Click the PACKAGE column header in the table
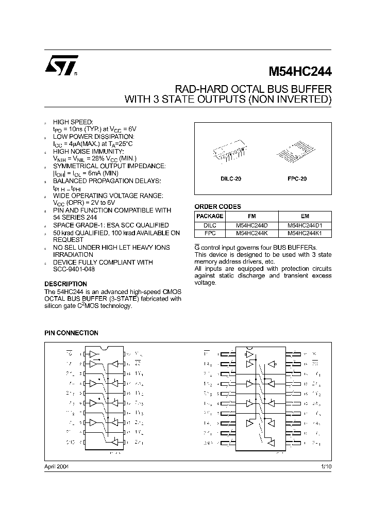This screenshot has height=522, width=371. [x=210, y=217]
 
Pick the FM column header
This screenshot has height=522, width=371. [x=252, y=217]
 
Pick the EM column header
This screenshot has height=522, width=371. [x=305, y=217]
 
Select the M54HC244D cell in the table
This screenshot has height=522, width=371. [x=252, y=225]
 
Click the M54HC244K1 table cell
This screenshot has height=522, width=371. [x=305, y=234]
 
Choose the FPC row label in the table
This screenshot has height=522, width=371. [x=210, y=234]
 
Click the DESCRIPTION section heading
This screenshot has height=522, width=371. [x=65, y=284]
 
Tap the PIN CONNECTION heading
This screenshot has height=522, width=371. [x=71, y=333]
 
